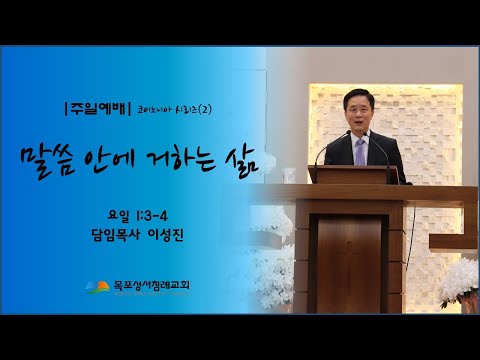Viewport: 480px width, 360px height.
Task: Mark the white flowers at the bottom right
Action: point(445,262)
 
